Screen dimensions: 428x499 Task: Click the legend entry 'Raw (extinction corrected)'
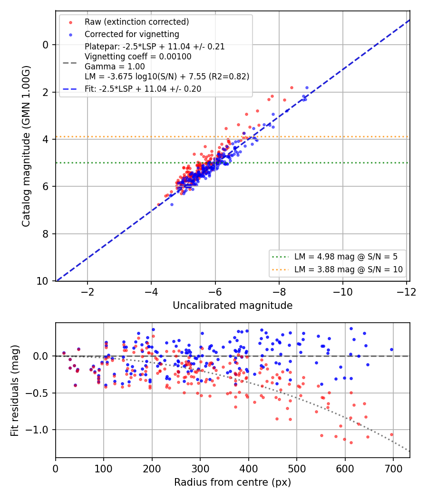[136, 22]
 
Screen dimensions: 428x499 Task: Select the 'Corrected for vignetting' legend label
[132, 34]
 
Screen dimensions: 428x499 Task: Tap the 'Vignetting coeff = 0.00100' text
[138, 57]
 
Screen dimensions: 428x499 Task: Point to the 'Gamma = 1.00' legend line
[115, 67]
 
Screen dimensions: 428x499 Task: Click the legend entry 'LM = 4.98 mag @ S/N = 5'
[346, 257]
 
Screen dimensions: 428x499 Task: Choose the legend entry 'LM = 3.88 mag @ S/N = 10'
[349, 269]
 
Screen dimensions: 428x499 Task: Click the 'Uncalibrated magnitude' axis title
[233, 306]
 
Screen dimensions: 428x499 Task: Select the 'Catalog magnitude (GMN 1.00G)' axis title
[26, 146]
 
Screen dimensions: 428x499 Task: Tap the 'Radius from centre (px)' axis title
[233, 482]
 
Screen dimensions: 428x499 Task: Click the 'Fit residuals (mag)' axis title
[15, 391]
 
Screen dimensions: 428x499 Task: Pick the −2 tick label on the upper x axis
[87, 291]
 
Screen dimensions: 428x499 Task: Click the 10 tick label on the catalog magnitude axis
[42, 281]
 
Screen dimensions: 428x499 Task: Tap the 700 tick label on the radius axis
[393, 469]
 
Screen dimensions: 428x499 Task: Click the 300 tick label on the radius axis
[200, 469]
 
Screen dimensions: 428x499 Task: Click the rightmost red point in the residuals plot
[392, 434]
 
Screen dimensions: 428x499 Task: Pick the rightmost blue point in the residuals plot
[392, 349]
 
